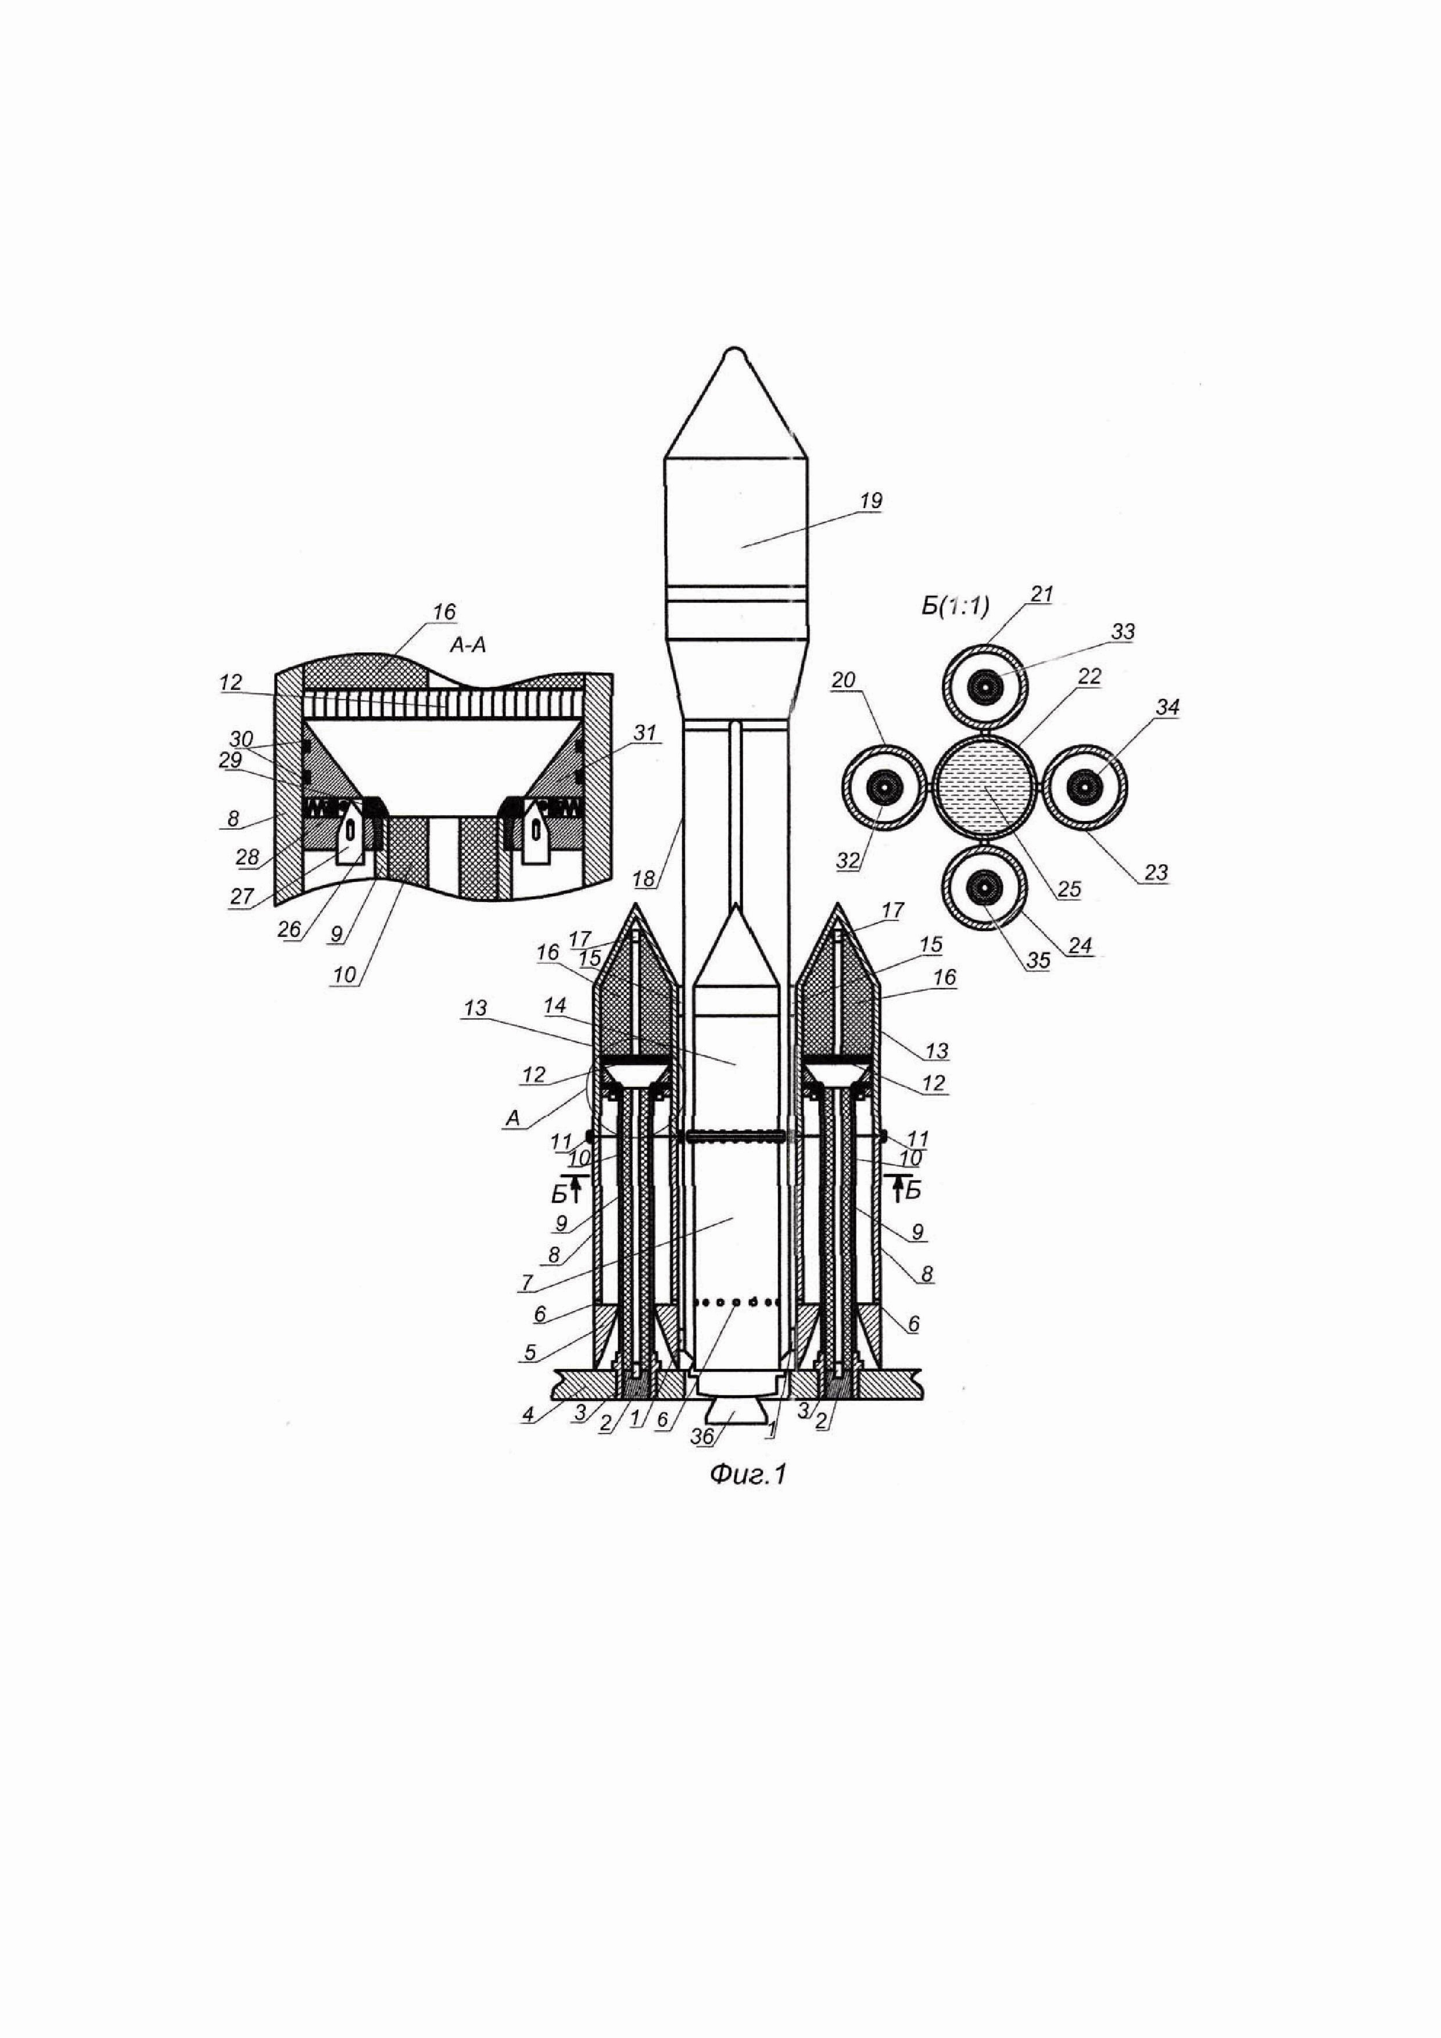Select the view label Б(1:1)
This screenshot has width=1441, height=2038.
(955, 608)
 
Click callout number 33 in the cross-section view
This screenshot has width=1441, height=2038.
(1123, 633)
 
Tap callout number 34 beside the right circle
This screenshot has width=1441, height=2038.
(1168, 707)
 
